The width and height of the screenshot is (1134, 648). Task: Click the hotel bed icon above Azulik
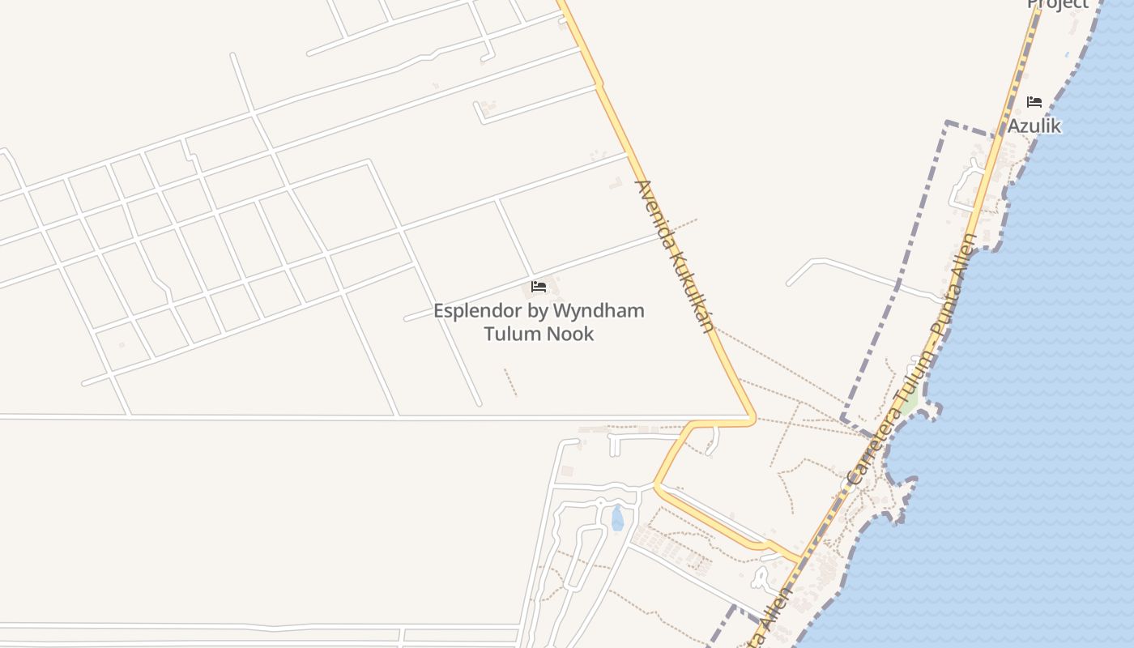coord(1034,102)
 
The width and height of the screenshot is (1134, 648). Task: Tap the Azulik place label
coord(1034,126)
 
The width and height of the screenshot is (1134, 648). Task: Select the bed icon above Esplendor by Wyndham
coord(539,287)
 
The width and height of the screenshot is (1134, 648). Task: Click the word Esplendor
coord(477,311)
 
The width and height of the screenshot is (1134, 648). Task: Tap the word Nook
coord(573,334)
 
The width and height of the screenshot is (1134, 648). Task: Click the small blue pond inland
coord(617,518)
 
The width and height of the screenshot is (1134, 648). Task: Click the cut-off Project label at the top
coord(1058,4)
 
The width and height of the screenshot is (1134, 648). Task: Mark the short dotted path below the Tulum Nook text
coord(510,382)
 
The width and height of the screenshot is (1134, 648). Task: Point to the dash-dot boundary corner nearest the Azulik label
coord(946,123)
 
